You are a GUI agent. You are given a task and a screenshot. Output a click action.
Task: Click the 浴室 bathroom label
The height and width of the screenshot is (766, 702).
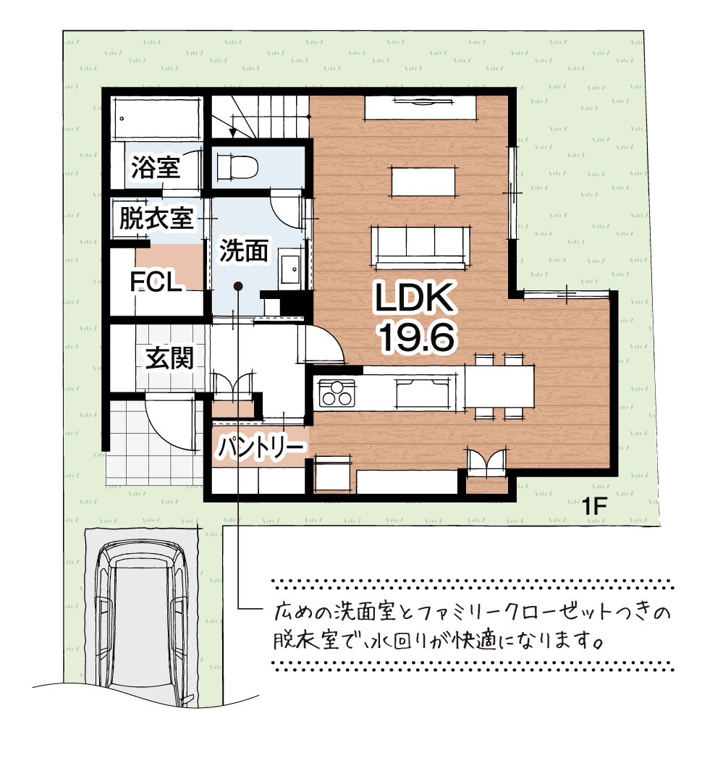point(156,167)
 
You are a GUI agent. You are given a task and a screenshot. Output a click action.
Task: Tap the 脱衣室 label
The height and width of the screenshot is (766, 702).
point(156,218)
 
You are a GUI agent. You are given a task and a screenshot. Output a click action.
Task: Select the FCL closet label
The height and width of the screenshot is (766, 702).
point(156,282)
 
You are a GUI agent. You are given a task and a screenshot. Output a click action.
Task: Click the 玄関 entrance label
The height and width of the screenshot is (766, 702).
point(169,358)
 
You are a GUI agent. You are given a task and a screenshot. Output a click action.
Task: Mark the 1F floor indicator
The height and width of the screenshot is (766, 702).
point(593,507)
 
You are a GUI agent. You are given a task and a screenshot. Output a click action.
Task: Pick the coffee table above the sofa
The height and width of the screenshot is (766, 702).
point(423,182)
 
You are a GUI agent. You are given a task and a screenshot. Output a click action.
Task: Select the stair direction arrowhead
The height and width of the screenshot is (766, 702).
point(234,132)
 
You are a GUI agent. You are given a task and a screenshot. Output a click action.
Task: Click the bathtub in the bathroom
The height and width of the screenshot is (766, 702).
point(157,118)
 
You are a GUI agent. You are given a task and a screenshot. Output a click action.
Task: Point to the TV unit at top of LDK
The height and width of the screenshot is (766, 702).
point(420,107)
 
